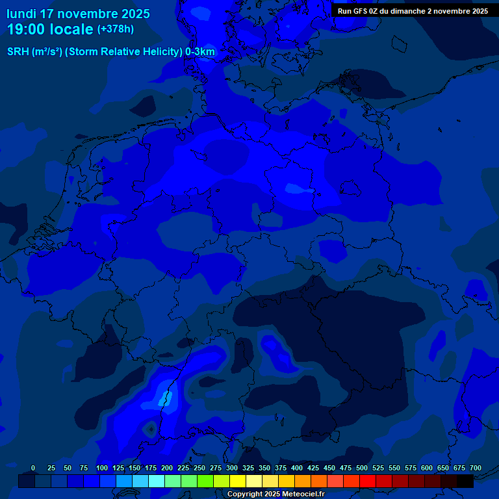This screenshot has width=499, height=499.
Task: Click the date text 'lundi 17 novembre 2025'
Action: (x=78, y=14)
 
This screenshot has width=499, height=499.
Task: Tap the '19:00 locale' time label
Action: (x=50, y=29)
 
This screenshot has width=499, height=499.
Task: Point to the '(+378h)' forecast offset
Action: (x=115, y=29)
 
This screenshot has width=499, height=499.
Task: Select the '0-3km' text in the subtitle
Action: (x=199, y=52)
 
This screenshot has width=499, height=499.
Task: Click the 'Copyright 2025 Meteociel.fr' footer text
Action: (x=275, y=494)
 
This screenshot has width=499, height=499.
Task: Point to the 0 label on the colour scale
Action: (x=33, y=468)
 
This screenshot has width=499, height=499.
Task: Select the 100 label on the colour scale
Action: (x=102, y=468)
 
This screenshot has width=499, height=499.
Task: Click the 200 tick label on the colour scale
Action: (x=167, y=468)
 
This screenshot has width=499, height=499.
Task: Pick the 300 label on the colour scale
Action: (x=232, y=468)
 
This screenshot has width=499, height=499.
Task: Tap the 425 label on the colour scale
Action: (x=313, y=468)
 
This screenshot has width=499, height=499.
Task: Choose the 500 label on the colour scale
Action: (x=362, y=468)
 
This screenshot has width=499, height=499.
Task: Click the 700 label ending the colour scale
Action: (x=476, y=468)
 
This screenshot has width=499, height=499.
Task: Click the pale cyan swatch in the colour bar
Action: (x=157, y=481)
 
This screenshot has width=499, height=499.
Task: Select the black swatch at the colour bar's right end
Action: (x=465, y=481)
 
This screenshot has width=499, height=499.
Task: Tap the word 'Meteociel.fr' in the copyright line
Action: (x=303, y=494)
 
